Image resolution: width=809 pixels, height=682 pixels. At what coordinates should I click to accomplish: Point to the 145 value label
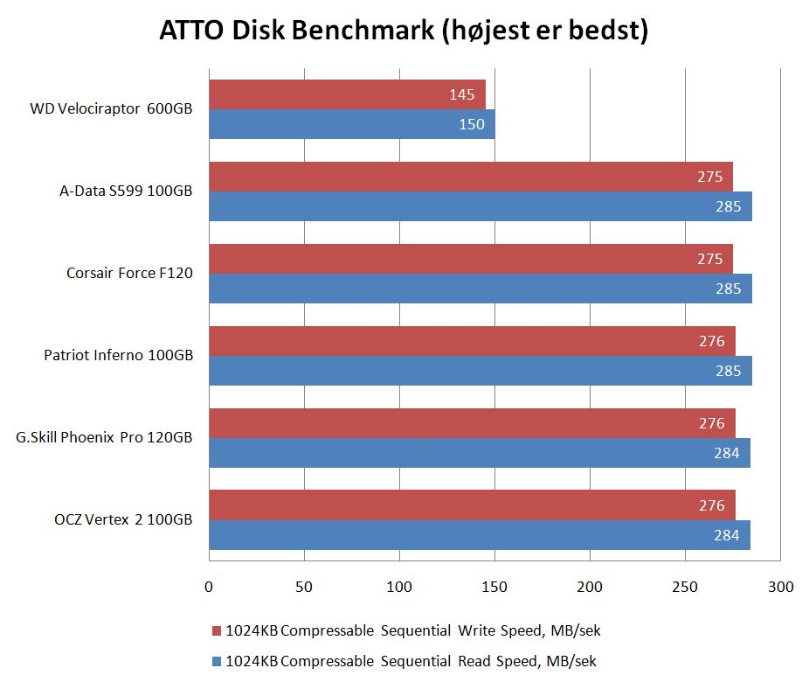pos(461,94)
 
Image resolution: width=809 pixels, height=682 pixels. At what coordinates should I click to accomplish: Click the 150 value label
pos(472,124)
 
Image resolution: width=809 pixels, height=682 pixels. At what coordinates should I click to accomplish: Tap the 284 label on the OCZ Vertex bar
pos(726,535)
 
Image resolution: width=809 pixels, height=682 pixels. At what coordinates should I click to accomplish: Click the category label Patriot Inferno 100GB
pos(119,356)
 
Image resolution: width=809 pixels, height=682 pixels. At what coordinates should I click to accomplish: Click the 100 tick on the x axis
pos(399,587)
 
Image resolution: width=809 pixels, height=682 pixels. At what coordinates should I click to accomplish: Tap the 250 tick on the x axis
pos(686,587)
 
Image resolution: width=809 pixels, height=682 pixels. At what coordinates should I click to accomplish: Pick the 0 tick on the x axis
pos(209,587)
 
